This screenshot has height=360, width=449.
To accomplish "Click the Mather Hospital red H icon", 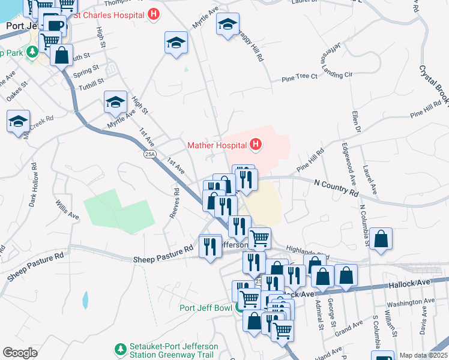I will point(256,145).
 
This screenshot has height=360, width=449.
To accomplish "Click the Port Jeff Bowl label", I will point(206,308).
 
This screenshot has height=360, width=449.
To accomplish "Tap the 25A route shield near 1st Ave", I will point(150,154).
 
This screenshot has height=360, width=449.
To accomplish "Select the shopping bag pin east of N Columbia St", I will point(381,238).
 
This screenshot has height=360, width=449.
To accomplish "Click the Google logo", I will point(20,353).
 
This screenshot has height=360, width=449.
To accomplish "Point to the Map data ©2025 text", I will point(423,355).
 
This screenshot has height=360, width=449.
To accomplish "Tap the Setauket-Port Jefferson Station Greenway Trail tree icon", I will point(121,349).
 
